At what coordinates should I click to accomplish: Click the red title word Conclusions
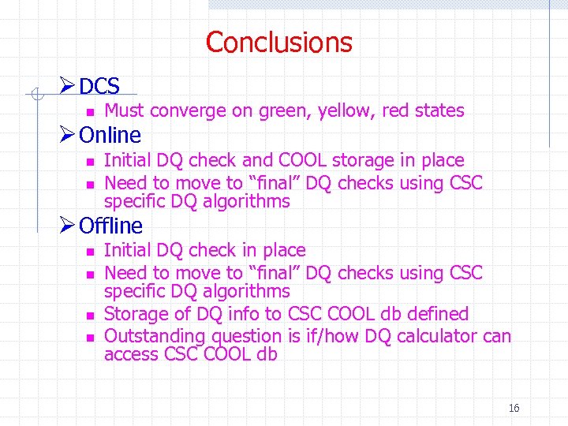click(x=278, y=42)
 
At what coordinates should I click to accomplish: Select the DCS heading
click(x=99, y=86)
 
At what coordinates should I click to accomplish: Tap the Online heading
click(x=110, y=135)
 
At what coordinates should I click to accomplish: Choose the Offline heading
click(x=111, y=226)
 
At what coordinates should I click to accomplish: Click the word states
click(x=439, y=110)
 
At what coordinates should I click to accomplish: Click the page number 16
click(x=514, y=408)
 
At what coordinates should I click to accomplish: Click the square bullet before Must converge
click(x=91, y=112)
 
